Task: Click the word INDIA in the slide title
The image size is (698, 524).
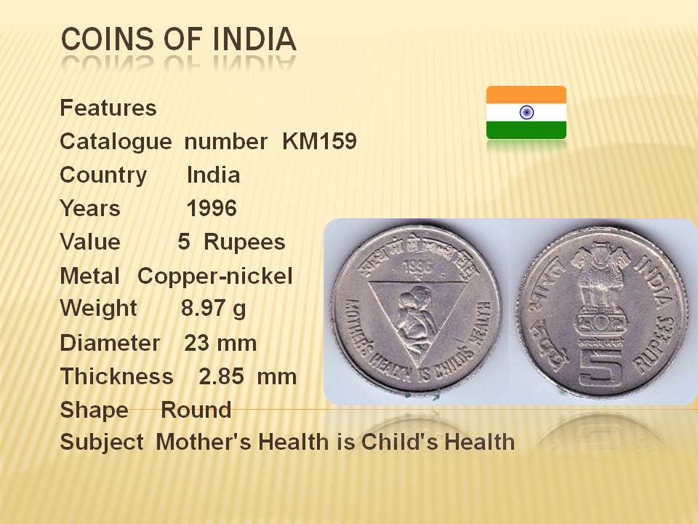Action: [x=254, y=39]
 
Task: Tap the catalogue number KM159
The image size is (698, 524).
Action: [x=320, y=141]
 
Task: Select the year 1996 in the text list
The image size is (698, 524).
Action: [x=212, y=208]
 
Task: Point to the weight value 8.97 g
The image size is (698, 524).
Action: [x=213, y=309]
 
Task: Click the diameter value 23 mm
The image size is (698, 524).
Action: [x=220, y=343]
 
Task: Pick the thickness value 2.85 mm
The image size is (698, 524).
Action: [x=247, y=376]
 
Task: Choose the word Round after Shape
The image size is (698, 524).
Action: [x=196, y=410]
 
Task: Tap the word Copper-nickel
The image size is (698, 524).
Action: [x=215, y=276]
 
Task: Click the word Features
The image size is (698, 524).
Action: [x=108, y=108]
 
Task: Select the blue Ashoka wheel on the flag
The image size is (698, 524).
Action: [x=526, y=112]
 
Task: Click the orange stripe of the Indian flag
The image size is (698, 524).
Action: [x=526, y=95]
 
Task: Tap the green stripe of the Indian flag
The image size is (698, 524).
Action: [x=526, y=130]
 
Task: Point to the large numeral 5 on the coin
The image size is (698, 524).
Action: [x=601, y=367]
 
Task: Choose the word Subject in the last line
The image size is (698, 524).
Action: [x=102, y=442]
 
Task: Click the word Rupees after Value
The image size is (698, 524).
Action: [x=244, y=242]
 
